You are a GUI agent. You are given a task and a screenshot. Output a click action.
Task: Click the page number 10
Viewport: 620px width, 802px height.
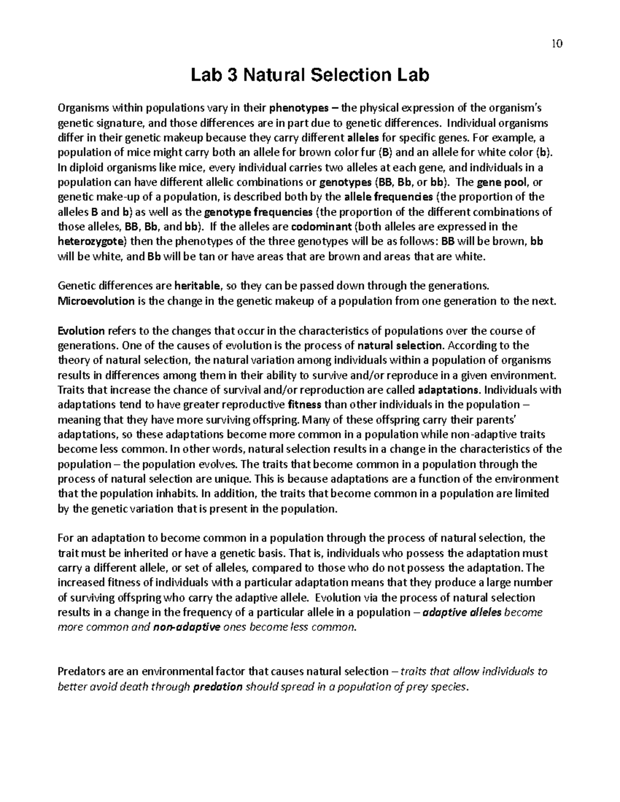click(x=556, y=43)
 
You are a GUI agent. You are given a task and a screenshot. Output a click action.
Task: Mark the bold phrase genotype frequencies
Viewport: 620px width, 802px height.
click(x=259, y=212)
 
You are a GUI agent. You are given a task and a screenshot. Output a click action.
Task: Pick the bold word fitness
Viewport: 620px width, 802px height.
click(x=305, y=404)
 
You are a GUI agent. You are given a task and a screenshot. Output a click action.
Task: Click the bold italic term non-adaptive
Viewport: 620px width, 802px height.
click(x=188, y=627)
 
